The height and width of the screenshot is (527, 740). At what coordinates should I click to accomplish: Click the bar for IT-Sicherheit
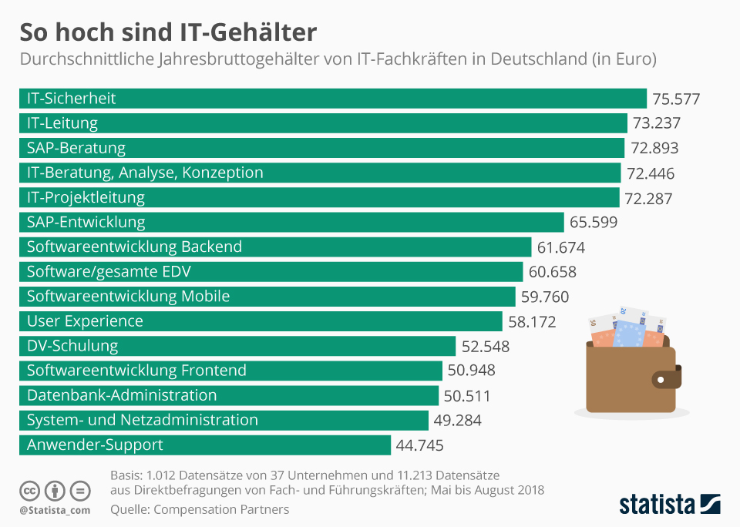tap(331, 99)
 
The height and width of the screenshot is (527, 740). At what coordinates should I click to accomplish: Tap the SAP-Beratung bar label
tap(76, 148)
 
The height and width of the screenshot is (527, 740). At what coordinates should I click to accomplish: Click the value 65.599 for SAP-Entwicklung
tap(594, 223)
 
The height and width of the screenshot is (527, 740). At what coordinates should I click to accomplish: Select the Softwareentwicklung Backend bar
tap(274, 247)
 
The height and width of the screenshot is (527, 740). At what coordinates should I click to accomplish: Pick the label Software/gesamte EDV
tap(109, 272)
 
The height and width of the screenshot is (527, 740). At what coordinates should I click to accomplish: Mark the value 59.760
tap(545, 297)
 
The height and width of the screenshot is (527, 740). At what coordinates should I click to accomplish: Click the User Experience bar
tap(260, 321)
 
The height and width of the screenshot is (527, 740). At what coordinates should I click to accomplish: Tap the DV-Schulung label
tap(72, 346)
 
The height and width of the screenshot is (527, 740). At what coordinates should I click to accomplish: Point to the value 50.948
tap(471, 371)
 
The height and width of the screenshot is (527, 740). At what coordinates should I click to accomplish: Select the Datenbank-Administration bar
tap(228, 395)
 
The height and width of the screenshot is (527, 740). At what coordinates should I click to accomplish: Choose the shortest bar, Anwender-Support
tap(204, 445)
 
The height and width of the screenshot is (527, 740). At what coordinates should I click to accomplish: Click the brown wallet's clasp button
tap(661, 379)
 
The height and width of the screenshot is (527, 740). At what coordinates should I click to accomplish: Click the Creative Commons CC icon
tap(30, 491)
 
